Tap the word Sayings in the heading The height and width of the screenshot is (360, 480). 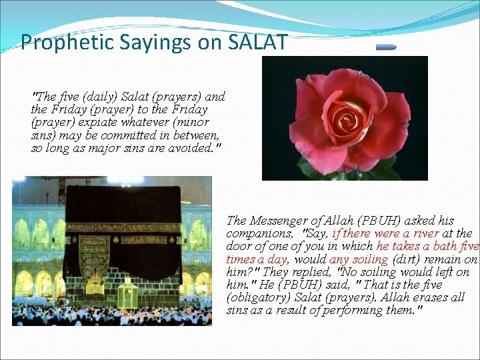pos(131,43)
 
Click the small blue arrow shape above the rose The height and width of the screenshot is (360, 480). pos(385,47)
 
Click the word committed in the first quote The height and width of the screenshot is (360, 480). pos(117,135)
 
